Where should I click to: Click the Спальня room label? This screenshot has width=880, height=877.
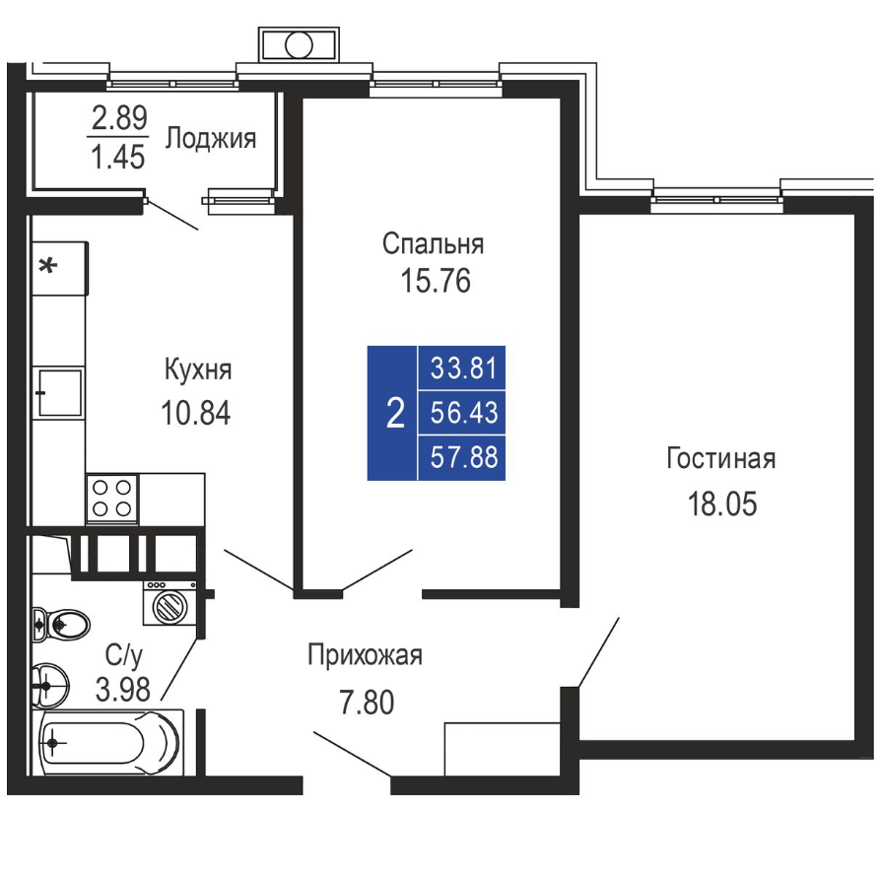coord(433,244)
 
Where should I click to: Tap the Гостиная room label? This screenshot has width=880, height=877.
coord(721,459)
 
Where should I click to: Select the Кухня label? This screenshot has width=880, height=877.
coord(197,371)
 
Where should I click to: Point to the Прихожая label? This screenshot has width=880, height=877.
coord(365,655)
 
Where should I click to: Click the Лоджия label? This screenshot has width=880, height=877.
coord(211,139)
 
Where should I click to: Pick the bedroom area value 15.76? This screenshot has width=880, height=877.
coord(435,281)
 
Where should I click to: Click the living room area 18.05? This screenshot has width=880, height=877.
coord(722,504)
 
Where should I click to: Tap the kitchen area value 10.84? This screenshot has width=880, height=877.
coord(195,413)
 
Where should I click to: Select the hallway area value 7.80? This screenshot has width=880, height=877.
coord(367,702)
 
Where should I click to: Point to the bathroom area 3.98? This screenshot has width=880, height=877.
coord(123,689)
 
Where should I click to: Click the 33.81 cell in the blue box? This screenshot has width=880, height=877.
coord(463,369)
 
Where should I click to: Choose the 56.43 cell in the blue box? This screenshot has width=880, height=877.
coord(463,413)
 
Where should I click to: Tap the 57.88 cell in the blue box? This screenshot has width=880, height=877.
coord(463,457)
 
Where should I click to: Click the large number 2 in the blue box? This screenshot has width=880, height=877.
coord(396,413)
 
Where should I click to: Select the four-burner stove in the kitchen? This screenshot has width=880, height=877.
coord(111,499)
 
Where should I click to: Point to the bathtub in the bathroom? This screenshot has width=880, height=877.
coord(107,743)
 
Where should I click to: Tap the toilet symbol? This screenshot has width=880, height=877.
coord(62,623)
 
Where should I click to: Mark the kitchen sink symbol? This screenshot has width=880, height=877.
coord(58,393)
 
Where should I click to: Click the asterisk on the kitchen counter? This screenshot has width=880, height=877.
coord(47,265)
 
